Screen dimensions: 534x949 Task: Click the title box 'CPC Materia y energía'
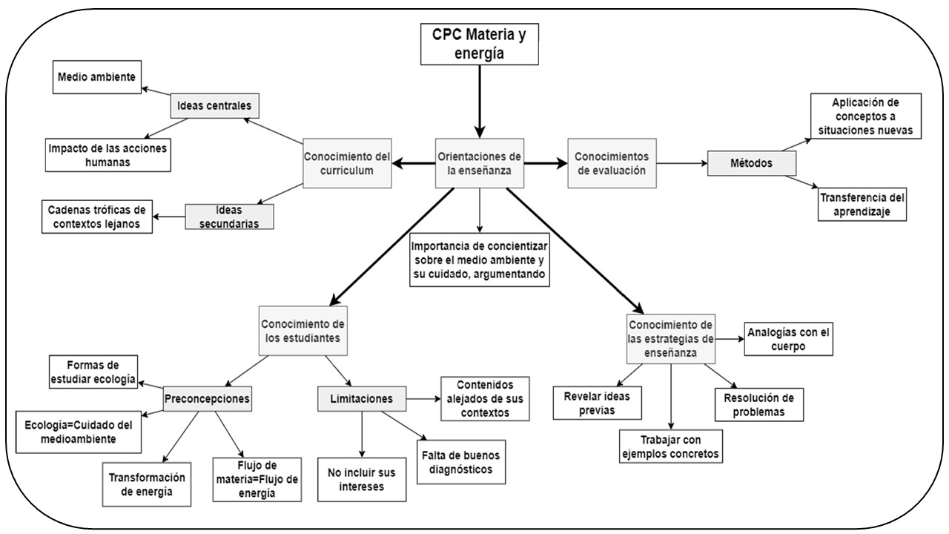(x=474, y=44)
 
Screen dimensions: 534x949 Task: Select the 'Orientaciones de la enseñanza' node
(x=479, y=163)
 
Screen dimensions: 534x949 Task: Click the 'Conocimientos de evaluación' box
(x=612, y=162)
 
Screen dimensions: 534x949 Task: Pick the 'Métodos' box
(x=752, y=163)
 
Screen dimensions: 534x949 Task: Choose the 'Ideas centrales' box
(x=215, y=106)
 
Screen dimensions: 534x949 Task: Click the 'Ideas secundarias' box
(x=229, y=216)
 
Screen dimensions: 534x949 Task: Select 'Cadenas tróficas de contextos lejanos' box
(x=96, y=217)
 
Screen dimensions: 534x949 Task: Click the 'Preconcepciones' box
(x=206, y=398)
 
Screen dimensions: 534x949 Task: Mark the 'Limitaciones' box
(x=362, y=398)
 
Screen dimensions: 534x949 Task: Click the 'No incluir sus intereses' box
(x=362, y=480)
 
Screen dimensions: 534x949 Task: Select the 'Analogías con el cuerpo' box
(x=787, y=339)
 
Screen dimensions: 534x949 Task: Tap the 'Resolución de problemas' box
(x=758, y=404)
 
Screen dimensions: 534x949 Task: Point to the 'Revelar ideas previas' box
(x=598, y=403)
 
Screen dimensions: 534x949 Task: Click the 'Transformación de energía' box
(x=146, y=484)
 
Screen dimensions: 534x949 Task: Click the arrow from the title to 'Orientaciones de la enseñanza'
(x=474, y=100)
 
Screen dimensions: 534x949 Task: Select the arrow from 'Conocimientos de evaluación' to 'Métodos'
(x=682, y=163)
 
